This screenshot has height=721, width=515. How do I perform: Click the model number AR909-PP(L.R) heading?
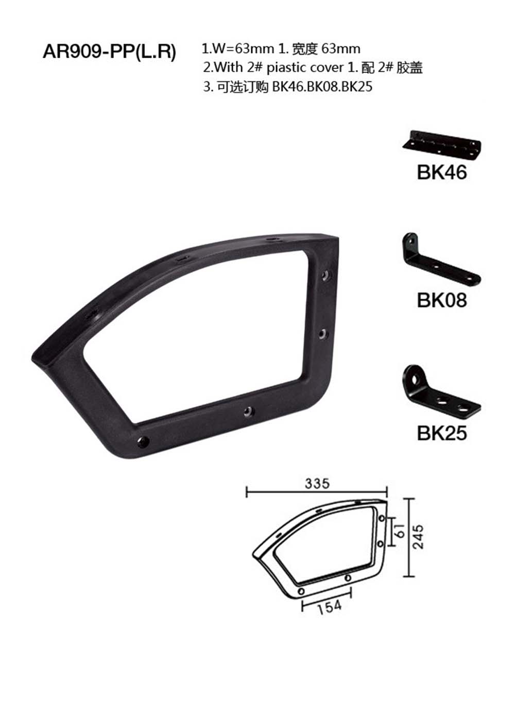109,51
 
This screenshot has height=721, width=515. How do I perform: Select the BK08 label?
441,300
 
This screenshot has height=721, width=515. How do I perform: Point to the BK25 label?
441,433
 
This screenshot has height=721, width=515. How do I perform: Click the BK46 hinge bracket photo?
441,145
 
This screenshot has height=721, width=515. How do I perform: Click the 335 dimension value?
317,484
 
